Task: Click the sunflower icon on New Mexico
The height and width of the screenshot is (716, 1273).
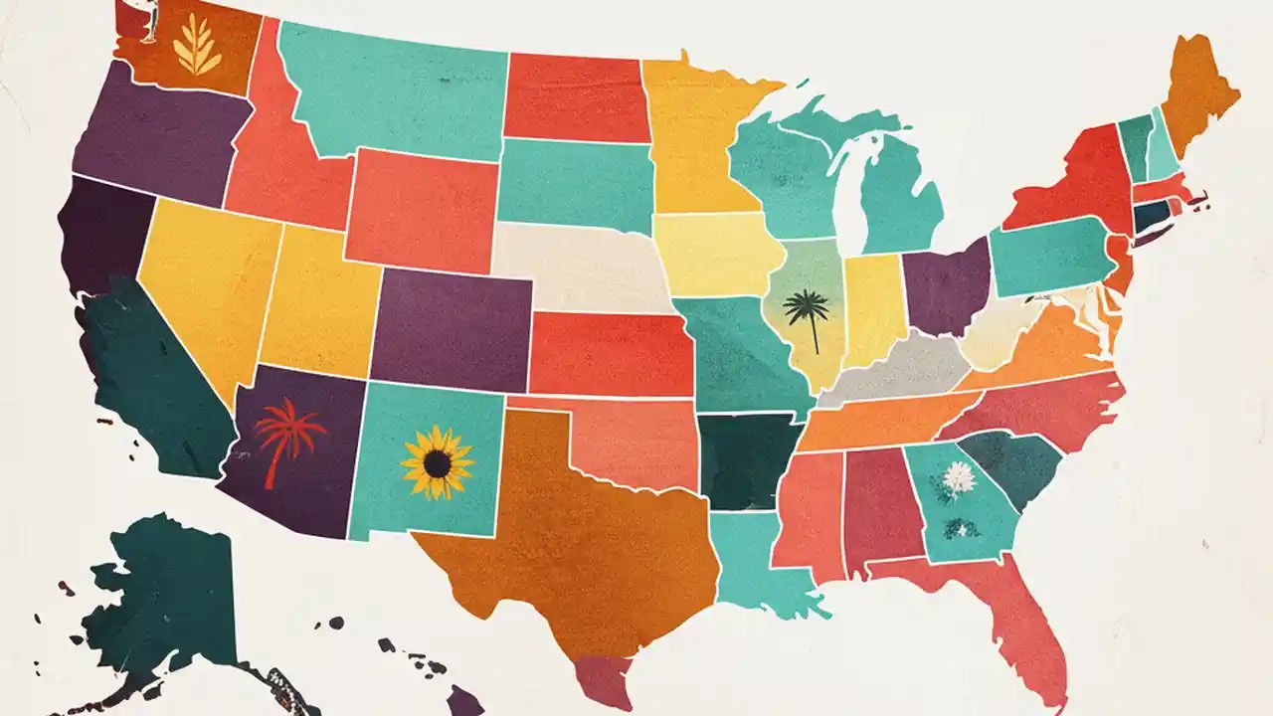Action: click(x=437, y=462)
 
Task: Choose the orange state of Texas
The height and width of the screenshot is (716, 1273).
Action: click(x=577, y=537)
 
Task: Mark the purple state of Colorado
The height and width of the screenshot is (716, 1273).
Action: click(x=453, y=328)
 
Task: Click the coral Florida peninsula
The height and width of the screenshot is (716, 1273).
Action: click(x=1024, y=626)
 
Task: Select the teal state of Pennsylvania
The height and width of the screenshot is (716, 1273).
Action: click(x=1049, y=257)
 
